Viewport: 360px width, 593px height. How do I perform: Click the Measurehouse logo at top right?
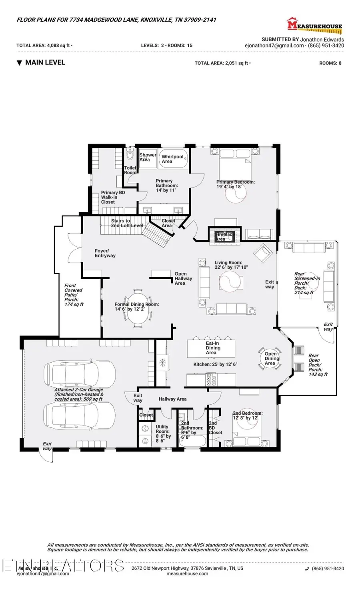tap(314, 25)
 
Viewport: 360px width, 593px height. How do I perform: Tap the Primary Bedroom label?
tap(235, 184)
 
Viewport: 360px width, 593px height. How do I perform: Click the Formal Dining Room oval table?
tap(137, 308)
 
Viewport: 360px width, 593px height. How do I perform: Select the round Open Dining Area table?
tap(270, 358)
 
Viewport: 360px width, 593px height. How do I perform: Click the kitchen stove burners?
tap(211, 379)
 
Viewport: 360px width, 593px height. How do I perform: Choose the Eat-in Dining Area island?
tap(211, 348)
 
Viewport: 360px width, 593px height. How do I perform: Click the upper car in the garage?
tap(80, 373)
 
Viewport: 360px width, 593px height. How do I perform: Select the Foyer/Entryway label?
tap(105, 253)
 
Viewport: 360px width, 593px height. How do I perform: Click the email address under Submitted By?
tap(274, 46)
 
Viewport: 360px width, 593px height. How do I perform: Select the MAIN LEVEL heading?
tap(44, 62)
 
